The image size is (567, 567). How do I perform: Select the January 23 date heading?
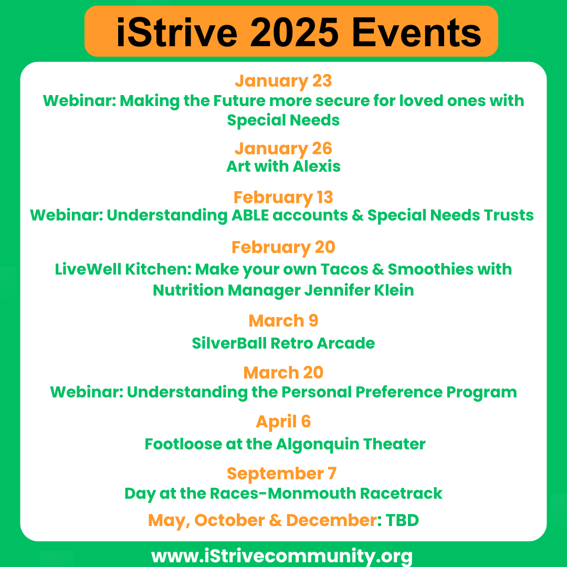pos(283,81)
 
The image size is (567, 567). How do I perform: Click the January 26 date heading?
pos(283,149)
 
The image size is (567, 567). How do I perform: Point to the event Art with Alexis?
pos(283,166)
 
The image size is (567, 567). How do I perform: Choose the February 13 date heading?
pos(283,197)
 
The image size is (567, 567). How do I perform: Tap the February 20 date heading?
pos(283,247)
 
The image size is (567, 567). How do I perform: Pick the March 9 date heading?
pos(283,321)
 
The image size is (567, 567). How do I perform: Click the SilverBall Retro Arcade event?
pos(283,343)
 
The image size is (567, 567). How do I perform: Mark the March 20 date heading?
pos(283,373)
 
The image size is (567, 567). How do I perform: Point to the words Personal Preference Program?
pos(399,392)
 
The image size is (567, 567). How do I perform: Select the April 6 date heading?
pos(283,422)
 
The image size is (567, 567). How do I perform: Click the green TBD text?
pos(402,520)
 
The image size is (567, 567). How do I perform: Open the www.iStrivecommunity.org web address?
pos(282,555)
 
